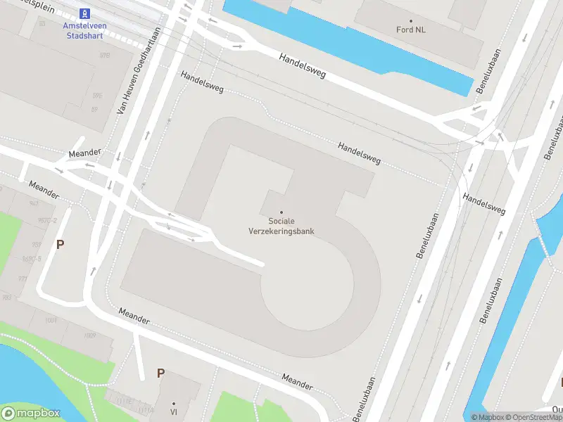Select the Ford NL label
[x=411, y=30]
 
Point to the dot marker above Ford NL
[x=411, y=19]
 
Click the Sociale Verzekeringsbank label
[x=281, y=226]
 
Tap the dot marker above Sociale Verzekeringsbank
[x=281, y=212]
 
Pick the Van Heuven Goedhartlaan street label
[x=139, y=70]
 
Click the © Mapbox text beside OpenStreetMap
[x=488, y=417]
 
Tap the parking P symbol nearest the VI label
[x=160, y=373]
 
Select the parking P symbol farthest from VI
[x=61, y=245]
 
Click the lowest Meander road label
[x=297, y=381]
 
